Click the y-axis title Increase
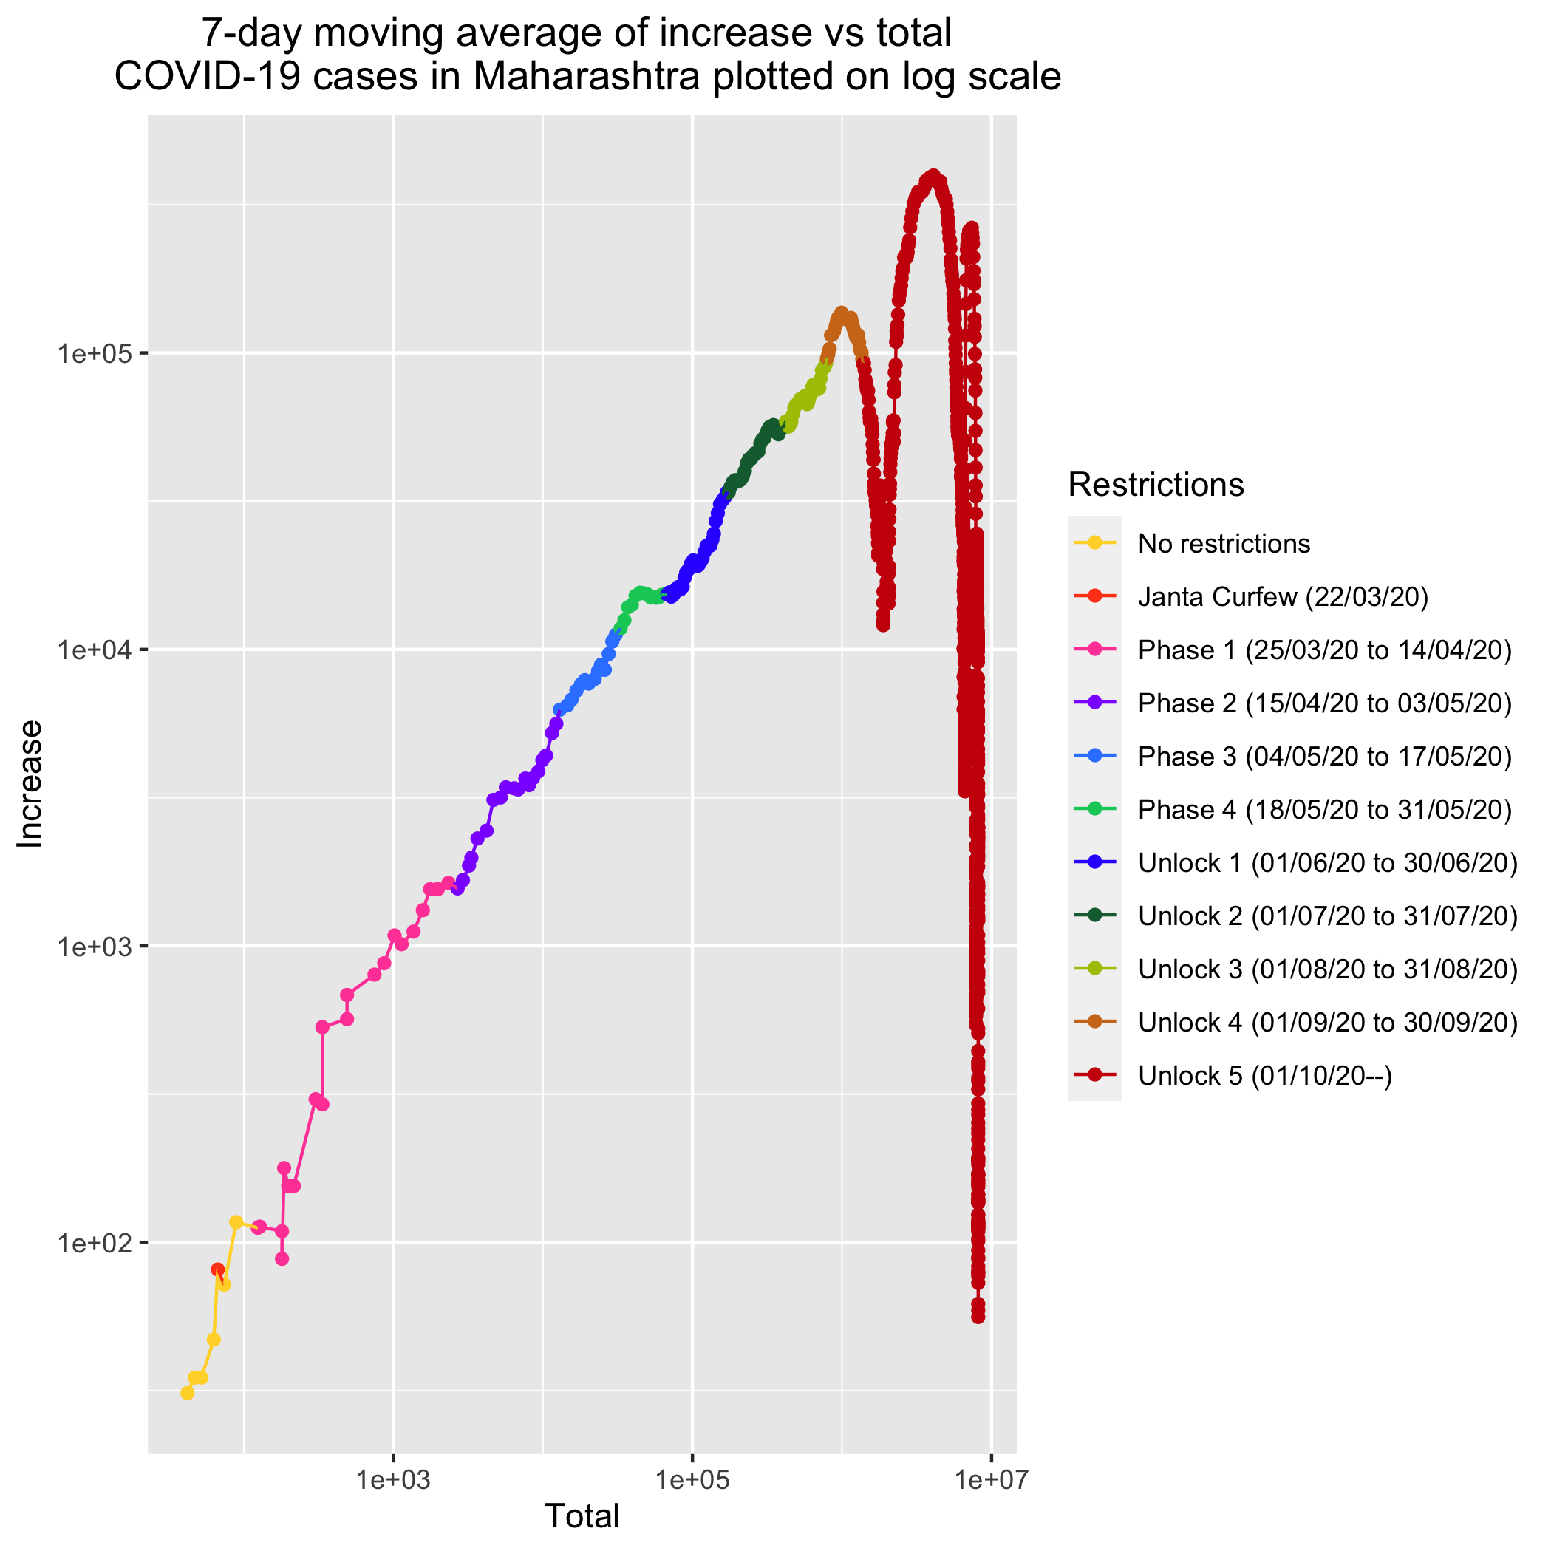[30, 783]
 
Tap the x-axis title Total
[582, 1516]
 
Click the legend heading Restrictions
[1156, 484]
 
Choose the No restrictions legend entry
[1224, 544]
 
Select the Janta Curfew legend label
[1283, 596]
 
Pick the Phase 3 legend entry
[1325, 756]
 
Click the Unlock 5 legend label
[1265, 1075]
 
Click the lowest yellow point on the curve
[187, 1393]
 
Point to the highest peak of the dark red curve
[932, 175]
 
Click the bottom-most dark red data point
[978, 1318]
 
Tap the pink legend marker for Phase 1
[1095, 650]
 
